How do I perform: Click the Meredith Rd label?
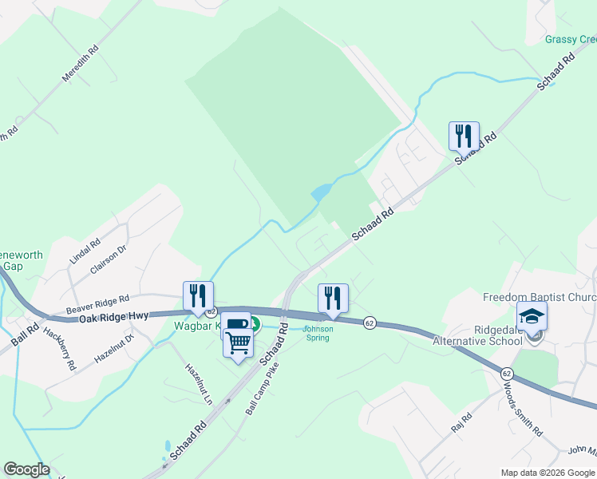click(81, 65)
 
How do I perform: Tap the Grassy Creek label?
click(571, 39)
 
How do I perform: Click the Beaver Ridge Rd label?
click(97, 303)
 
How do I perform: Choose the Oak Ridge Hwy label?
click(114, 318)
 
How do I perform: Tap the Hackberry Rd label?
click(60, 349)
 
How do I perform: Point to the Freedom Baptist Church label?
click(540, 298)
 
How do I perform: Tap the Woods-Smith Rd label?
click(522, 408)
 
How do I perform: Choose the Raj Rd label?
click(462, 422)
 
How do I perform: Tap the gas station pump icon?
click(235, 325)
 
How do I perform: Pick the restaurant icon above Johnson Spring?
click(333, 298)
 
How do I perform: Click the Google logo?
click(26, 469)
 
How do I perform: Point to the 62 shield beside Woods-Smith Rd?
click(507, 373)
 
